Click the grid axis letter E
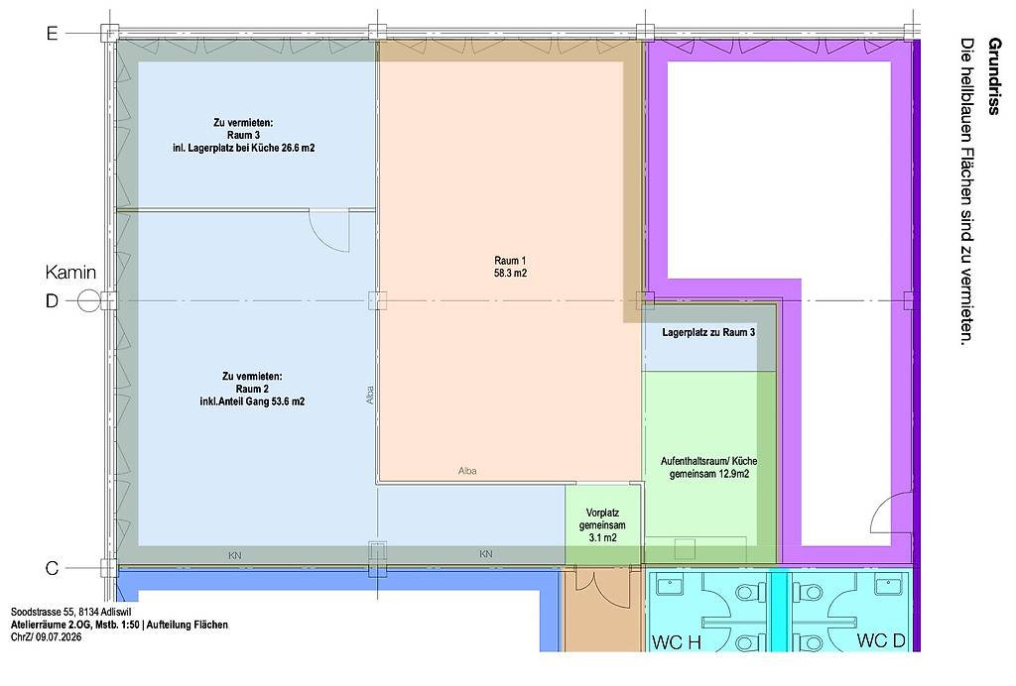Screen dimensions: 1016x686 click(52, 33)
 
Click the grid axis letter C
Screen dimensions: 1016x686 click(52, 568)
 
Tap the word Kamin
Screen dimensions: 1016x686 click(70, 273)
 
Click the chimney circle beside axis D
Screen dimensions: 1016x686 click(88, 301)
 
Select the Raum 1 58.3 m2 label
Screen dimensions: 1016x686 click(511, 267)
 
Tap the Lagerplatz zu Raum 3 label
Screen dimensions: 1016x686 click(708, 333)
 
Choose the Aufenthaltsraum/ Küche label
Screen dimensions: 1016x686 click(708, 461)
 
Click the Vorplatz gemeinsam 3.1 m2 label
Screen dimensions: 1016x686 click(602, 525)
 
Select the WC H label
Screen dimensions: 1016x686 click(677, 642)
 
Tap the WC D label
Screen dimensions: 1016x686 click(881, 640)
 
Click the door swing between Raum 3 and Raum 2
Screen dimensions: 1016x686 click(329, 231)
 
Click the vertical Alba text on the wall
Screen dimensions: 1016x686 click(370, 396)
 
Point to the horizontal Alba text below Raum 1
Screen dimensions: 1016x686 click(467, 471)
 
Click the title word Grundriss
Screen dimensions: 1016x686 click(994, 76)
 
